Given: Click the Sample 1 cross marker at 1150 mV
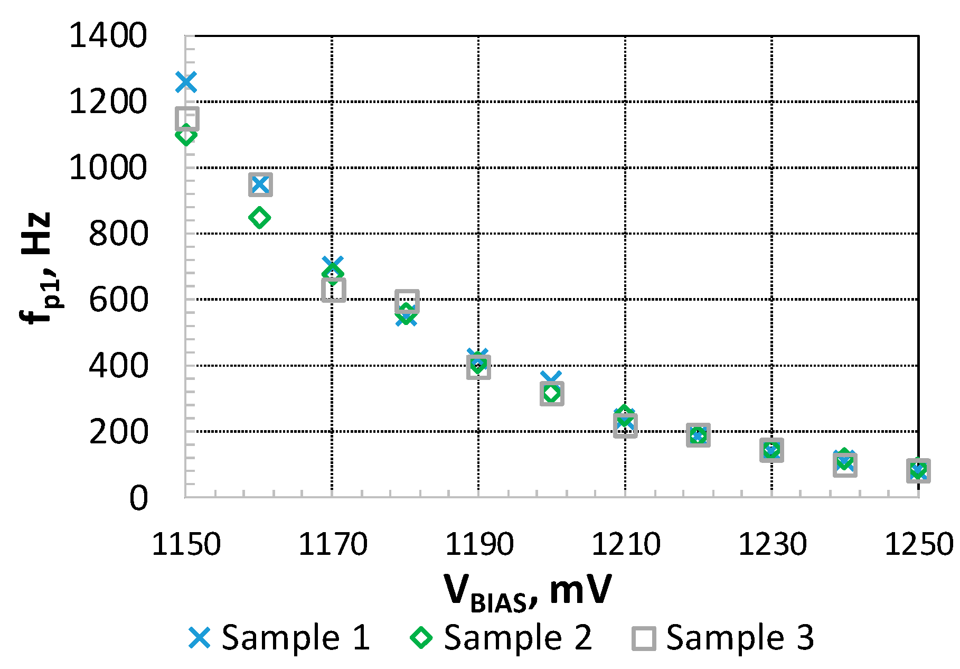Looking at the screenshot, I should [186, 82].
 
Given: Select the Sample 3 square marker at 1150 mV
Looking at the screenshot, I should [187, 118].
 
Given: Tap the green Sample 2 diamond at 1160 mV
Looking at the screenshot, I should [259, 217].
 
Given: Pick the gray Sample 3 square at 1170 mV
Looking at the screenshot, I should [334, 290].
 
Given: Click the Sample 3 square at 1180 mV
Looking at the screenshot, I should [407, 301].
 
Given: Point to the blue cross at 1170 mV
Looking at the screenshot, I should [333, 264].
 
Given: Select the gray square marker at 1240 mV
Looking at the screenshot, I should [845, 465].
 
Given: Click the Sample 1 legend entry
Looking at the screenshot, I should [279, 637].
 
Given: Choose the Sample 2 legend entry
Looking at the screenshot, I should [502, 637].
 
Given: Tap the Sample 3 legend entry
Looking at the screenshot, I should [723, 637].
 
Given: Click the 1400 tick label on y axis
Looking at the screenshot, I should [108, 36].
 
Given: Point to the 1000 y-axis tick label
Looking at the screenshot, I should [108, 168].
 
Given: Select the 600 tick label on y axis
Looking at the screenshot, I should [118, 300].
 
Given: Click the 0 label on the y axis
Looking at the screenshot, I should [138, 498].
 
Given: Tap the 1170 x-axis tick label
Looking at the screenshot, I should [333, 544].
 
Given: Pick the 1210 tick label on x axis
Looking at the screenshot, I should [626, 544].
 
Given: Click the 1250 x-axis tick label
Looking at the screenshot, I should [919, 544].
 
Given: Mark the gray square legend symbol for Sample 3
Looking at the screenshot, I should [644, 638].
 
